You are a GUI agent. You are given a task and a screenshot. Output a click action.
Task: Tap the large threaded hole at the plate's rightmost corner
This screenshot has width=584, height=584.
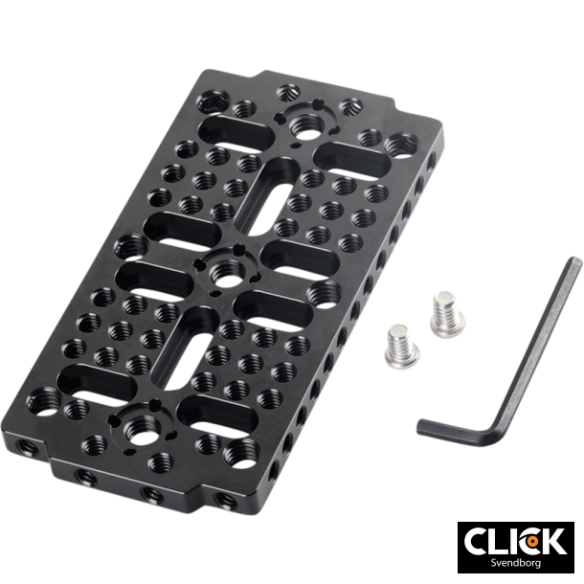[397, 145]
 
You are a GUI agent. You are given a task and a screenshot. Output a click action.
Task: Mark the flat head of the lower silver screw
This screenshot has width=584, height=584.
[395, 334]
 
